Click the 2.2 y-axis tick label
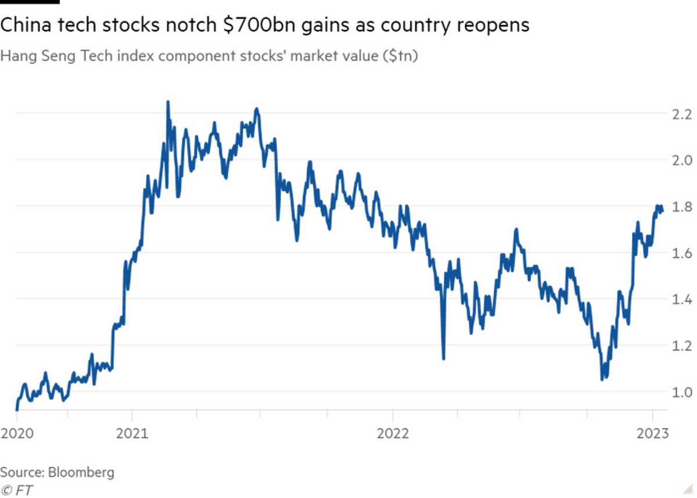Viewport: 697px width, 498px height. click(x=682, y=115)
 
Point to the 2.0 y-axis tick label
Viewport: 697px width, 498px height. click(x=682, y=161)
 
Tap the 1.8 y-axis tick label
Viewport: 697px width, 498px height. click(x=682, y=207)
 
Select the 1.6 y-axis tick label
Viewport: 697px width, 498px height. click(x=682, y=253)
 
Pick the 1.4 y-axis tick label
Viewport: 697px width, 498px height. click(x=682, y=299)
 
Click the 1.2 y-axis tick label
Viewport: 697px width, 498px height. click(x=682, y=346)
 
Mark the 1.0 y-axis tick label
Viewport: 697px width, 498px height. click(x=682, y=392)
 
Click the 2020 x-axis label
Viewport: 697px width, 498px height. click(x=17, y=433)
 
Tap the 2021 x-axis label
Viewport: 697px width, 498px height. click(x=132, y=433)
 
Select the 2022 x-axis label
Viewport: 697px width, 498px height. click(x=393, y=433)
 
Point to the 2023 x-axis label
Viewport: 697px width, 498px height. click(x=652, y=433)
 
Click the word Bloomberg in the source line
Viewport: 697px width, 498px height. click(x=81, y=473)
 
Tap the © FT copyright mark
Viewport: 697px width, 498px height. click(x=16, y=490)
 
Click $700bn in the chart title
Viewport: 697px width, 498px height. click(x=259, y=25)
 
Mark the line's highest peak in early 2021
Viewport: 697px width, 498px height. click(x=168, y=102)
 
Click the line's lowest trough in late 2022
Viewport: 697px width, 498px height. click(x=602, y=379)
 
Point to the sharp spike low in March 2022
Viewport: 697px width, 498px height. click(x=443, y=359)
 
